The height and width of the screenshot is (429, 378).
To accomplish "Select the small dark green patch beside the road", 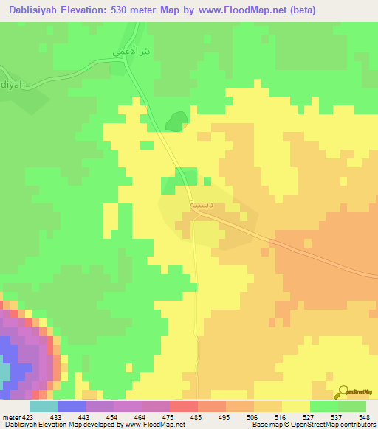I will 175,120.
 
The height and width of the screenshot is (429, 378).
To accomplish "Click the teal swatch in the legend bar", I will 44,406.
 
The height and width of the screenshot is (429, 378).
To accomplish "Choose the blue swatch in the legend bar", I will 72,406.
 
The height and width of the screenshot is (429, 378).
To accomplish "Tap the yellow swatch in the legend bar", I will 295,406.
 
